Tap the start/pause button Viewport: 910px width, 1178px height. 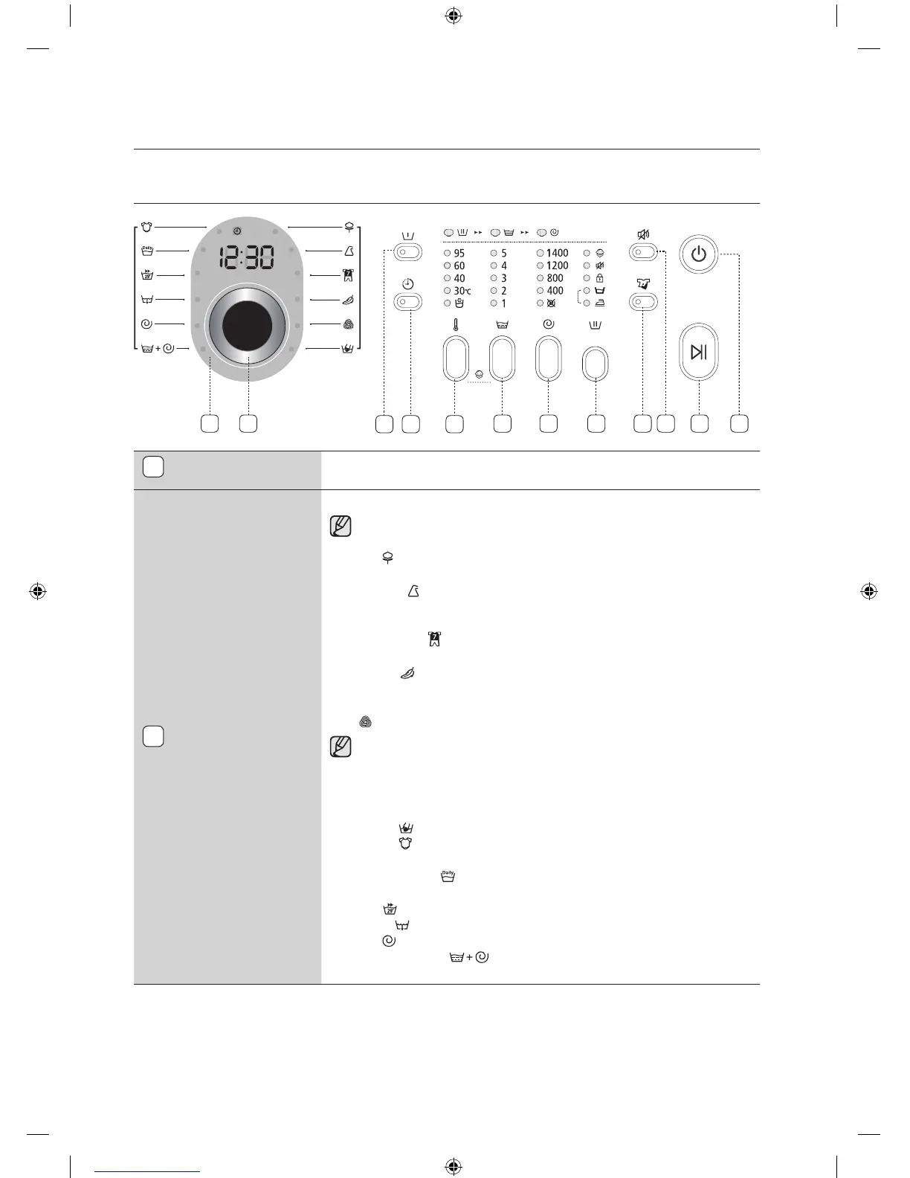[699, 352]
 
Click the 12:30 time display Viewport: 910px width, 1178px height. [246, 257]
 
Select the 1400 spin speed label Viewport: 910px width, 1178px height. [557, 253]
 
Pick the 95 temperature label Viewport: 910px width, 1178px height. [459, 253]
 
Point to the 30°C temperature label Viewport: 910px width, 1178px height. [462, 291]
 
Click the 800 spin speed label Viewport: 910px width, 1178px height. [555, 278]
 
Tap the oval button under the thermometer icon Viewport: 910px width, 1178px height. [456, 358]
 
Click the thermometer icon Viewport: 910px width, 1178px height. [455, 324]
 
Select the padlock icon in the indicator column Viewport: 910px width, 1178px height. [599, 278]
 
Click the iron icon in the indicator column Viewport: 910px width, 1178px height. [599, 303]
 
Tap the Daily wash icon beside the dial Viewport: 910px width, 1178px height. [146, 251]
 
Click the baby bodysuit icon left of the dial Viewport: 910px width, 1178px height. [146, 227]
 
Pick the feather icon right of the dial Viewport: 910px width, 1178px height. [347, 300]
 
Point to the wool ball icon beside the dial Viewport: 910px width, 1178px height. [348, 324]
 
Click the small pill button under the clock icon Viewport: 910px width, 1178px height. [409, 302]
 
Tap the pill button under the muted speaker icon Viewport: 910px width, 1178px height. [644, 253]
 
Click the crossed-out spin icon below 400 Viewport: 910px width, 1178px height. [552, 303]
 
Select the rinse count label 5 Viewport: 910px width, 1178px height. [503, 253]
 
